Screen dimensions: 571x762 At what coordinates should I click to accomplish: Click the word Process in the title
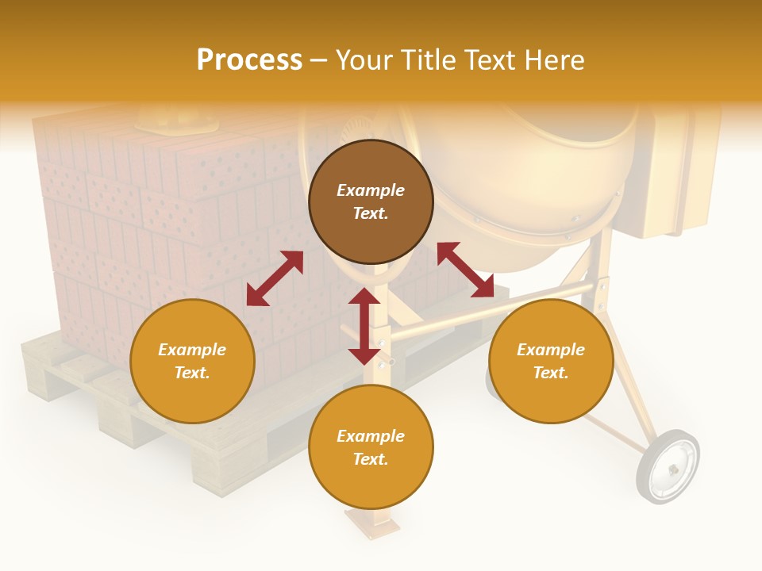249,59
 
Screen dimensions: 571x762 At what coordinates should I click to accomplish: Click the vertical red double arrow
364,326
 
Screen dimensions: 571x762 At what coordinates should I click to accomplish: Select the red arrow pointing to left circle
275,278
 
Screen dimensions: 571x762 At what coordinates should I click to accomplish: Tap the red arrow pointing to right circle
465,270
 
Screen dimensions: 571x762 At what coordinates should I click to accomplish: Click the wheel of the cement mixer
668,467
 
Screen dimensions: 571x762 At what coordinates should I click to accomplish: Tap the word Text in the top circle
371,213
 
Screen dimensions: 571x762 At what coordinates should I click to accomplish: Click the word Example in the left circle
192,350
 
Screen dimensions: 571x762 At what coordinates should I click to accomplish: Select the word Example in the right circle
551,350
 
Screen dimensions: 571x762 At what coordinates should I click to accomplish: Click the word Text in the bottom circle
371,459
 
